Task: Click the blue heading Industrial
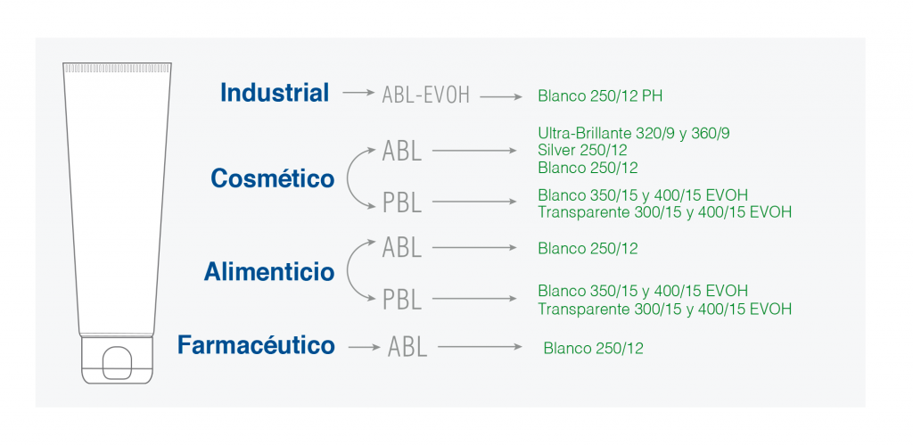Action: pos(275,93)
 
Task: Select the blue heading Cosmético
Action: pos(273,178)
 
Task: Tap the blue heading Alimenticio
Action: pos(269,272)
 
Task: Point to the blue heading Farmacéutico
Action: pos(256,344)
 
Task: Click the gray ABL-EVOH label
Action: pos(425,95)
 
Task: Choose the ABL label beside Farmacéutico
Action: pos(407,347)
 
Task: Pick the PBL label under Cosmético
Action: pos(402,202)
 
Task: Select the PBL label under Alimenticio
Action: pos(402,300)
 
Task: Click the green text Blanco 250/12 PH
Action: pos(600,96)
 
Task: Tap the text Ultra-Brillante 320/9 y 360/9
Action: pos(634,133)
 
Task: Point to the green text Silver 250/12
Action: pos(582,150)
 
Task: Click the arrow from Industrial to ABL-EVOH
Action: pos(358,93)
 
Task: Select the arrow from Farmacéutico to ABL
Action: pos(364,348)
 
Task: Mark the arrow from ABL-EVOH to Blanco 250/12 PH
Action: pos(501,96)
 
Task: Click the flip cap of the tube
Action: pos(117,359)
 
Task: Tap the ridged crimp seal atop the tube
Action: pos(117,68)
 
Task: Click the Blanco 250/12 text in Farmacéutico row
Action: pos(593,349)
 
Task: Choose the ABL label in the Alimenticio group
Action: pos(402,247)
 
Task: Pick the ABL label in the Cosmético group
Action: pos(402,151)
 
